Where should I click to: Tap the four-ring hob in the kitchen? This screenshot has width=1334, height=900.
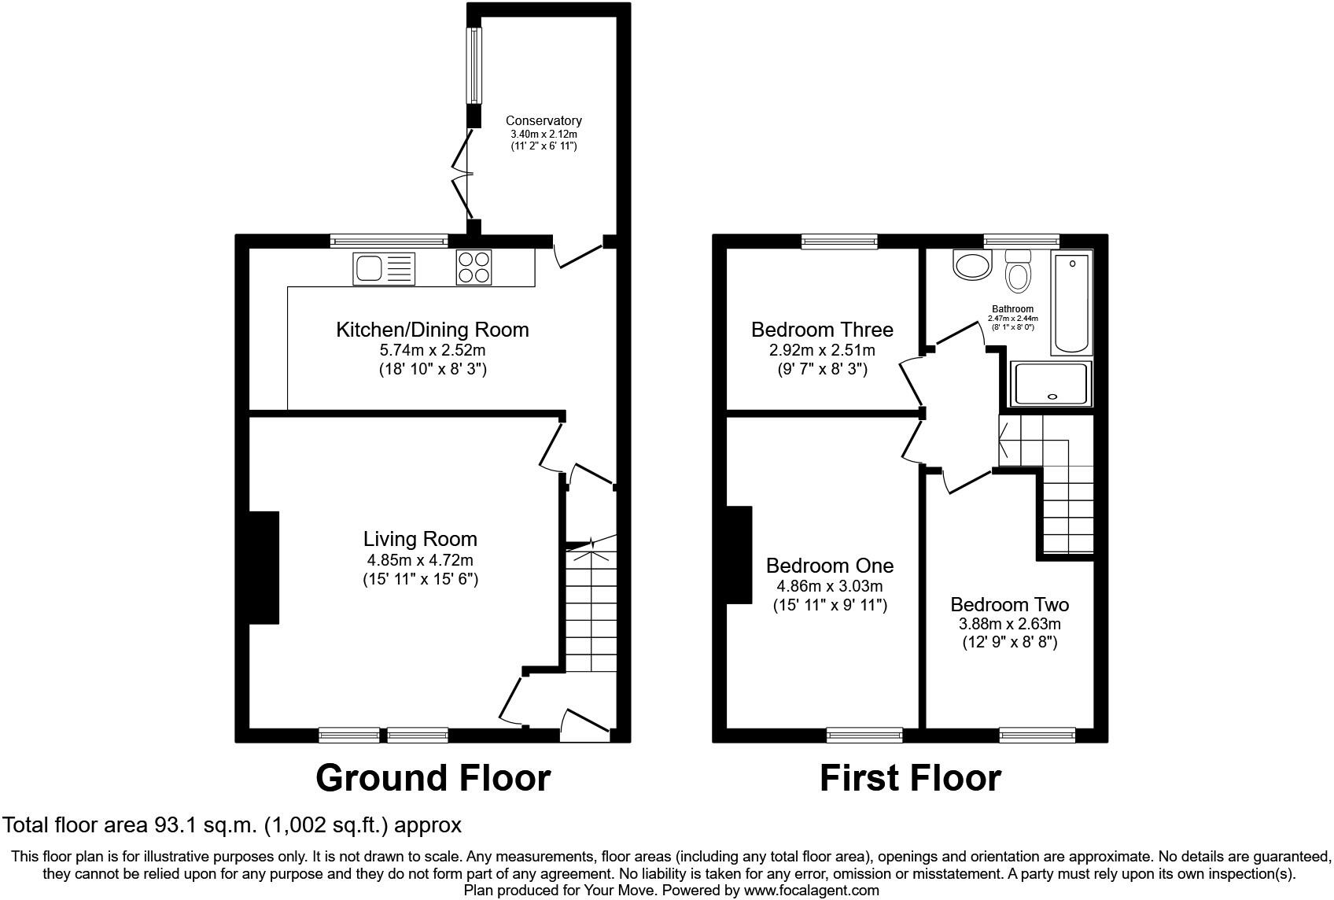coord(474,267)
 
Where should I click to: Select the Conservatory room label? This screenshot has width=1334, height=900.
coord(544,120)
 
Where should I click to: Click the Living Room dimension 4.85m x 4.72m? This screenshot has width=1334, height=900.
coord(420,560)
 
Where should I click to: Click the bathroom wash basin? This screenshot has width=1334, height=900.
coord(974,264)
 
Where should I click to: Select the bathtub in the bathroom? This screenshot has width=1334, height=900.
coord(1072,304)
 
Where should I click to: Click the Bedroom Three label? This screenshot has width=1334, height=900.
coord(822,330)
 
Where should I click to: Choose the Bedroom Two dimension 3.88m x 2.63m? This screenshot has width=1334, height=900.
coord(1009,624)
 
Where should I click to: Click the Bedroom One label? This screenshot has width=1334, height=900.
coord(829,566)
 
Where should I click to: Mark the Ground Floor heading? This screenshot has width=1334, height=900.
coord(433,778)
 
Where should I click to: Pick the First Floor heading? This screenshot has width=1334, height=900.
coord(910,778)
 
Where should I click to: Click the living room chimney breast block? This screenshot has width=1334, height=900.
coord(264,567)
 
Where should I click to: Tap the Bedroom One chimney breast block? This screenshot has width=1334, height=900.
coord(739,555)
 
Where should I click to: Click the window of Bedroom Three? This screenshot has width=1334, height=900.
coord(839,242)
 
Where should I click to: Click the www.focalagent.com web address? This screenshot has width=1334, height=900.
coord(811,891)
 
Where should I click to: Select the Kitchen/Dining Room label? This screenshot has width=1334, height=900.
coord(432,330)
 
